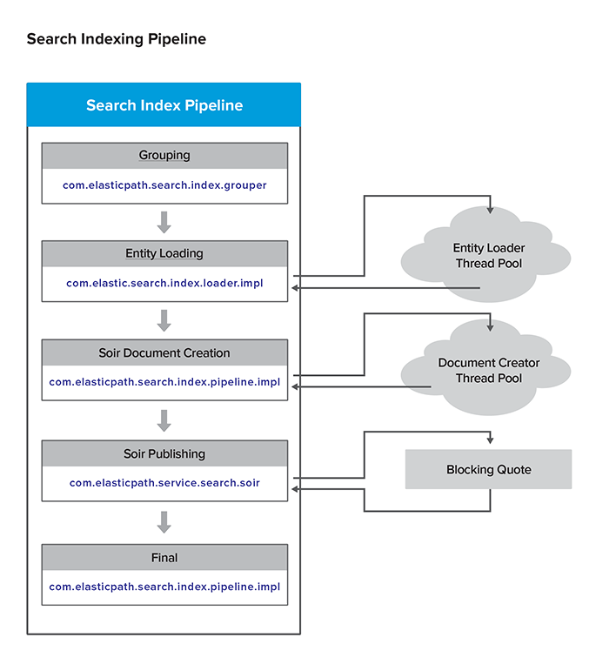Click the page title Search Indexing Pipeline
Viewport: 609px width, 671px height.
pos(116,39)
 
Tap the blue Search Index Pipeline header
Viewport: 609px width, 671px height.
pos(164,105)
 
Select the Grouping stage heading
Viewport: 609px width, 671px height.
pos(164,155)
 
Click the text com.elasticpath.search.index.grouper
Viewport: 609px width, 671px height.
pos(164,185)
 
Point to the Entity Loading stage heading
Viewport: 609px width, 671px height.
pos(164,253)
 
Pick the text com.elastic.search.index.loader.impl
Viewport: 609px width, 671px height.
pos(164,284)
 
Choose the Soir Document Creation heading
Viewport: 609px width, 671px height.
pos(164,352)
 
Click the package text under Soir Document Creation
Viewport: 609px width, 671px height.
pos(164,382)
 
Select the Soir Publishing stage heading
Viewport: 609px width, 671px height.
pos(164,453)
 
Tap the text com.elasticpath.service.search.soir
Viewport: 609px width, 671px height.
pos(164,482)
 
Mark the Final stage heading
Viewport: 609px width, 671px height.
pos(164,557)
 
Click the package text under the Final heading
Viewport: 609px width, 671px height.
pos(164,587)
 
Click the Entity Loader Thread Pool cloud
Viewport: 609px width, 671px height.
pos(488,255)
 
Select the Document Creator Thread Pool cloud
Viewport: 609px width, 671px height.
pos(488,370)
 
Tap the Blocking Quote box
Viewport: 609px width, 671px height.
pos(488,470)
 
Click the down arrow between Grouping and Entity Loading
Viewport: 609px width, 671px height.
pos(164,223)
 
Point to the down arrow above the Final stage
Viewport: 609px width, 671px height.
pos(164,522)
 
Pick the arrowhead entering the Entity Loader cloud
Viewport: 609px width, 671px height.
pos(492,210)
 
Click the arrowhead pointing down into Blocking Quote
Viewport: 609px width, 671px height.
pos(492,443)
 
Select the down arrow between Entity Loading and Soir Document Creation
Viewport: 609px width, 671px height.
pos(164,321)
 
